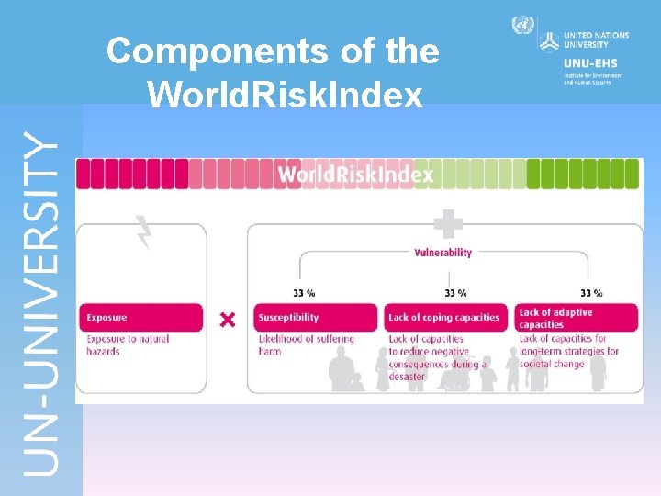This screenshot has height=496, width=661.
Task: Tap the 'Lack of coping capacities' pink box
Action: pyautogui.click(x=445, y=318)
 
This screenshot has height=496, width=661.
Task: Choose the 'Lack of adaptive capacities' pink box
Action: pyautogui.click(x=576, y=318)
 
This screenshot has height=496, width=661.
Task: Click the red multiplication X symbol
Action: pyautogui.click(x=228, y=320)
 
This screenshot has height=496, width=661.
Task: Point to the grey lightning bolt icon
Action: pyautogui.click(x=143, y=231)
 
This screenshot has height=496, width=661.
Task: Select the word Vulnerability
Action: pyautogui.click(x=443, y=253)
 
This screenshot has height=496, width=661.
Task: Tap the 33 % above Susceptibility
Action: pyautogui.click(x=304, y=293)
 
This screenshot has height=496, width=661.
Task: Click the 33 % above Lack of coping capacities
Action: pyautogui.click(x=455, y=293)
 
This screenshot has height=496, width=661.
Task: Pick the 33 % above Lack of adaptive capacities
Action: pyautogui.click(x=591, y=293)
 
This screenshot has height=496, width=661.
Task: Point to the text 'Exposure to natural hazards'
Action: pyautogui.click(x=128, y=344)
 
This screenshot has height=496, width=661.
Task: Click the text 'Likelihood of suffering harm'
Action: pyautogui.click(x=306, y=344)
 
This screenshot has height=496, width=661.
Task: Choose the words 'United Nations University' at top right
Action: pyautogui.click(x=597, y=40)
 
